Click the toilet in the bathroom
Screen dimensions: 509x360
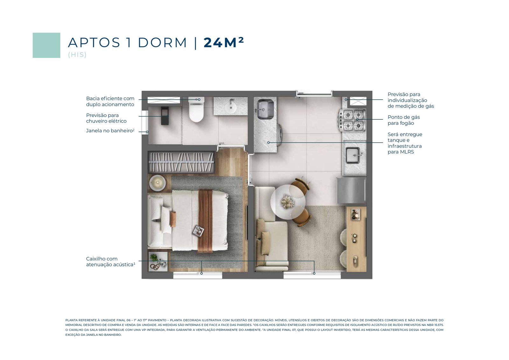click(x=196, y=109)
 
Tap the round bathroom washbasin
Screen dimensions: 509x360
click(x=231, y=107)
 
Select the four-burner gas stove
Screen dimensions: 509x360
click(x=352, y=120)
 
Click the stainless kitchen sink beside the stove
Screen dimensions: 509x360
click(x=354, y=156)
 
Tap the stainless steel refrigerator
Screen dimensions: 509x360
click(x=352, y=190)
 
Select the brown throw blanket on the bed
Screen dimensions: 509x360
click(x=206, y=221)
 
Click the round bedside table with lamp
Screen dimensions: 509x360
click(x=157, y=183)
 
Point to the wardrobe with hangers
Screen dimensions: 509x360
click(x=181, y=162)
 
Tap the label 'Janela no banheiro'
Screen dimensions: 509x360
click(x=110, y=131)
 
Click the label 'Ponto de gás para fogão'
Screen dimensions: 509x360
click(x=404, y=120)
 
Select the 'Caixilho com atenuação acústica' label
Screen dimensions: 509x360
click(x=111, y=262)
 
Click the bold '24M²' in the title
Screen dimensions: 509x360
click(x=224, y=42)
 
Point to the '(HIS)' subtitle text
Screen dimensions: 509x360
click(x=77, y=55)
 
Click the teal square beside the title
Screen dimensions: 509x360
click(x=46, y=45)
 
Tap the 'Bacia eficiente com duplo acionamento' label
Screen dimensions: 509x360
click(x=110, y=102)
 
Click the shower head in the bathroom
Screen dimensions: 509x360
click(x=165, y=116)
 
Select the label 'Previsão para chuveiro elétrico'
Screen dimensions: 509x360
click(x=106, y=118)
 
